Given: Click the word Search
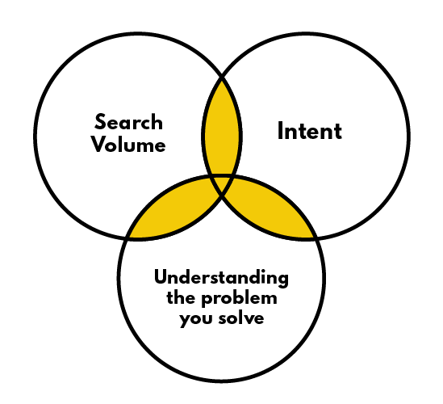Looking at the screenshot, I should pyautogui.click(x=128, y=123).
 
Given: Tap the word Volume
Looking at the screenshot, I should pyautogui.click(x=128, y=145).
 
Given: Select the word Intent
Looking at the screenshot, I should pyautogui.click(x=310, y=131).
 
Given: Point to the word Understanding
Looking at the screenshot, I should pyautogui.click(x=221, y=279).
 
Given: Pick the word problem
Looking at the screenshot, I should pyautogui.click(x=244, y=300).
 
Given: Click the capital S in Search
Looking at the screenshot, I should pyautogui.click(x=101, y=123).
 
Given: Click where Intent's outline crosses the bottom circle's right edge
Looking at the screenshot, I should pyautogui.click(x=315, y=238).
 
